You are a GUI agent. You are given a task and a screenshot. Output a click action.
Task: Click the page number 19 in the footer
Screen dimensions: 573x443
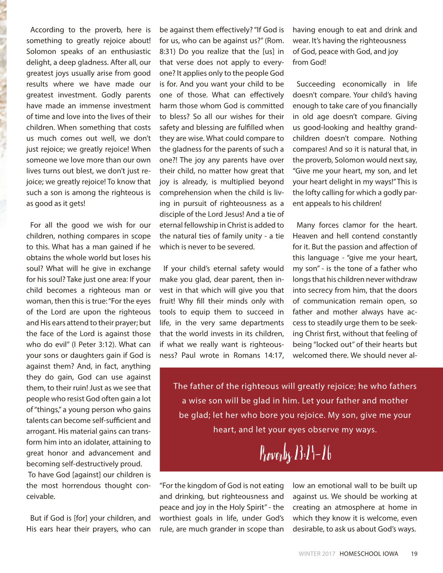pos(414,554)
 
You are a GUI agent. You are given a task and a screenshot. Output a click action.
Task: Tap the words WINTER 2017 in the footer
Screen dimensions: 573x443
pos(317,554)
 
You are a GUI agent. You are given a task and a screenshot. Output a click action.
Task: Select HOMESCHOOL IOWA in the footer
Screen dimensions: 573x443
pos(369,554)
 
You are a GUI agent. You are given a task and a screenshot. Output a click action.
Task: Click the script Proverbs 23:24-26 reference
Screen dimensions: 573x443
pos(295,454)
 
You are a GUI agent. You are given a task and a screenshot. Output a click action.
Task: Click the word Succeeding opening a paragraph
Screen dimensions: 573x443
pos(316,84)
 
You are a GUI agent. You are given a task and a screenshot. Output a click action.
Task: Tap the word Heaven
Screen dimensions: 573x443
pos(304,236)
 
